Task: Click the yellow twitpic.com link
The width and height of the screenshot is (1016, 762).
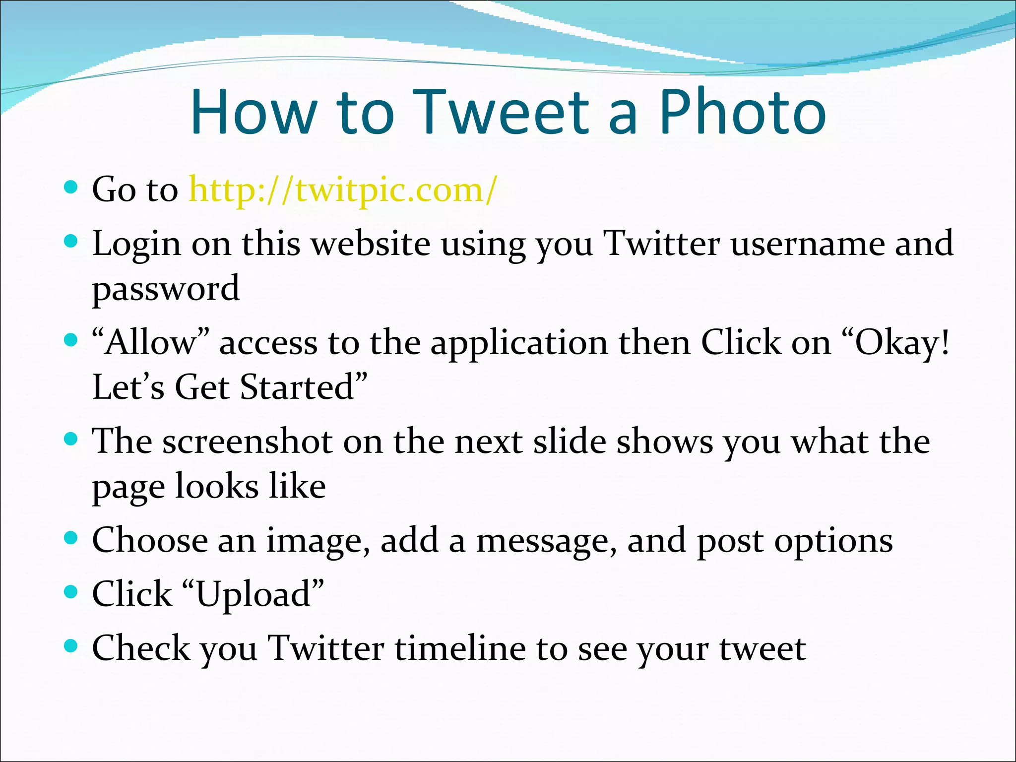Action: click(x=342, y=190)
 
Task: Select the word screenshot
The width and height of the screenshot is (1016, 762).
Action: click(x=248, y=442)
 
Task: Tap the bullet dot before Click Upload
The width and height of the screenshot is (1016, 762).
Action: click(x=71, y=592)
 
